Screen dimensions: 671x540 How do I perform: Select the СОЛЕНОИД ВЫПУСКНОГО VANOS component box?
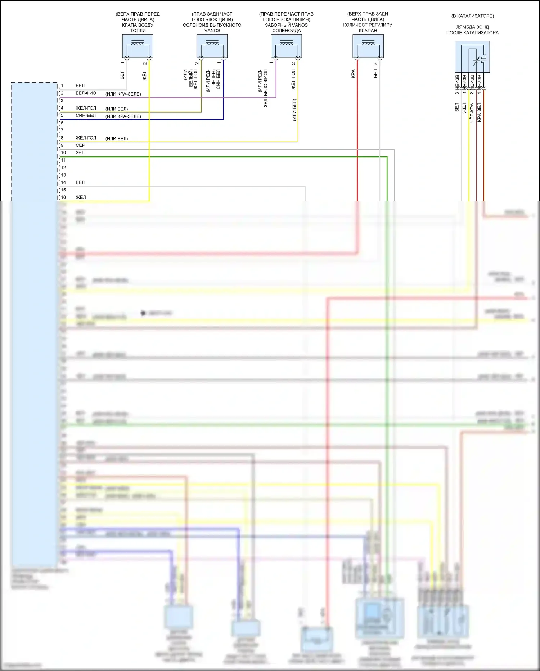[x=212, y=46]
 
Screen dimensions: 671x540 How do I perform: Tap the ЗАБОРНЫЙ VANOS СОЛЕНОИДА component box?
[x=286, y=46]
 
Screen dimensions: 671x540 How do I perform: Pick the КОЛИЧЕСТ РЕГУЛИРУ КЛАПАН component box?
[x=368, y=46]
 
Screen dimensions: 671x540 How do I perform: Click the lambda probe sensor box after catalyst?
[x=472, y=57]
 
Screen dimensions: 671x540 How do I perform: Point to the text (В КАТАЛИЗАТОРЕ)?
[x=472, y=16]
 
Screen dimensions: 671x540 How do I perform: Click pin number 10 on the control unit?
[x=63, y=153]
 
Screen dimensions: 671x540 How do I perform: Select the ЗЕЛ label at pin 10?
[x=80, y=153]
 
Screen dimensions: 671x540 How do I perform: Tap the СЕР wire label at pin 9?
[x=80, y=145]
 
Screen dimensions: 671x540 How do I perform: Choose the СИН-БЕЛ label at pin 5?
[x=86, y=115]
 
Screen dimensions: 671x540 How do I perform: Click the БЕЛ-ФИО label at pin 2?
[x=86, y=93]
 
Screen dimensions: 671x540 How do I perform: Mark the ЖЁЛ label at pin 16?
[x=81, y=197]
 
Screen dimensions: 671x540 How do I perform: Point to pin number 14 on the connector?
[x=63, y=182]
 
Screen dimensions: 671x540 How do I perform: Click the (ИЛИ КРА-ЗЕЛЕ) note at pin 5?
[x=123, y=116]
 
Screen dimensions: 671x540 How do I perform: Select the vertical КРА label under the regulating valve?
[x=353, y=74]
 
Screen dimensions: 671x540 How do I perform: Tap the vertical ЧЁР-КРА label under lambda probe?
[x=472, y=113]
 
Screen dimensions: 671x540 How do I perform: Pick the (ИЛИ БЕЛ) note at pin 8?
[x=117, y=138]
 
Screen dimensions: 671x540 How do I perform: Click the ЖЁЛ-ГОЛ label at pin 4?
[x=86, y=108]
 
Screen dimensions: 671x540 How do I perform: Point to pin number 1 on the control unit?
[x=62, y=85]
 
